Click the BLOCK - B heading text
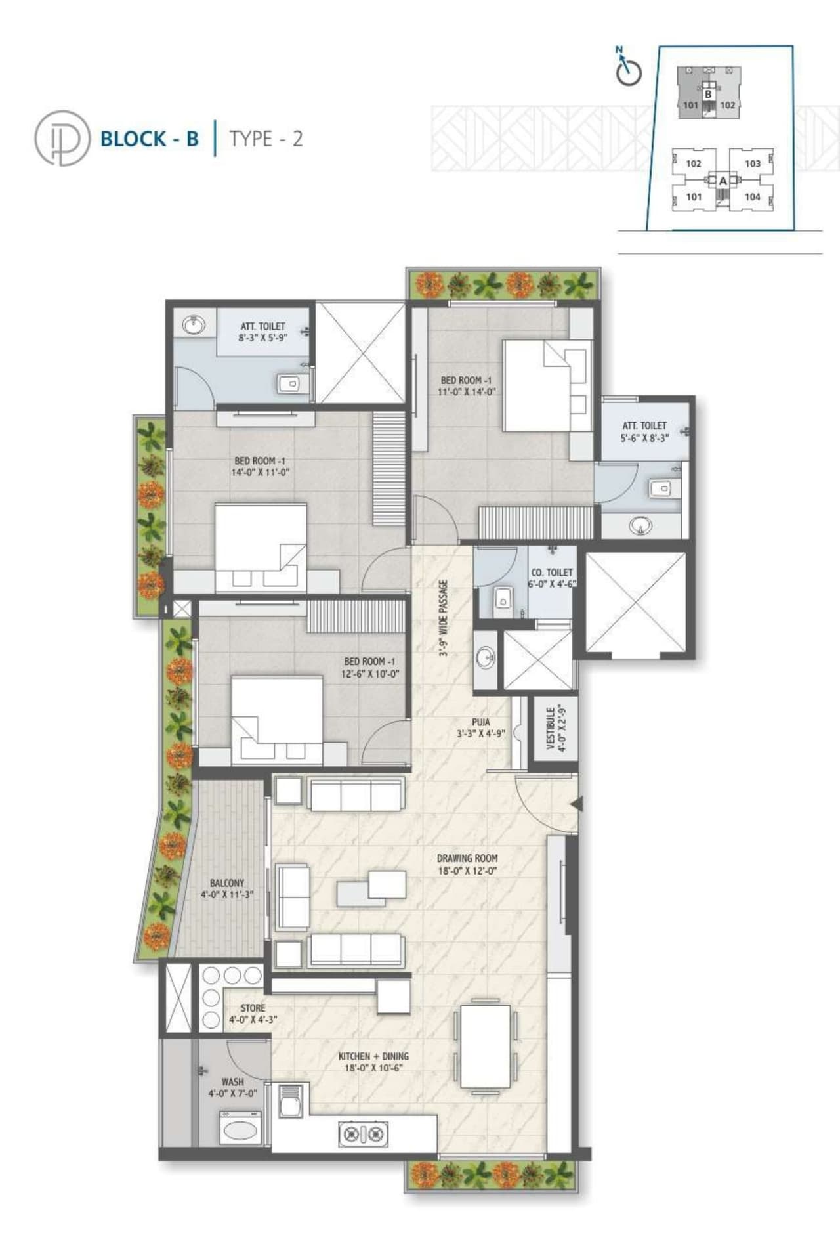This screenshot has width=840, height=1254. pyautogui.click(x=149, y=139)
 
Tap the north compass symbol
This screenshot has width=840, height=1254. pyautogui.click(x=628, y=69)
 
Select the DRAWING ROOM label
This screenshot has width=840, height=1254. pyautogui.click(x=467, y=864)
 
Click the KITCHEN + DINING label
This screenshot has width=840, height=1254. pyautogui.click(x=373, y=1062)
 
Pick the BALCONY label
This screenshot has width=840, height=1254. pyautogui.click(x=227, y=889)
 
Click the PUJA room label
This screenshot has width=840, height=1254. pyautogui.click(x=481, y=727)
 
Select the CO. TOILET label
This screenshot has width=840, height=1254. pyautogui.click(x=552, y=578)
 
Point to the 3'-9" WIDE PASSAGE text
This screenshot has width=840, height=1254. pyautogui.click(x=444, y=618)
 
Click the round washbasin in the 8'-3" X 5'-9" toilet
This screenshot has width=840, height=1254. pyautogui.click(x=193, y=326)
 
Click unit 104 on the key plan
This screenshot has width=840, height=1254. pyautogui.click(x=752, y=196)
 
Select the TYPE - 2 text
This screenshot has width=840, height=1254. pyautogui.click(x=266, y=139)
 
